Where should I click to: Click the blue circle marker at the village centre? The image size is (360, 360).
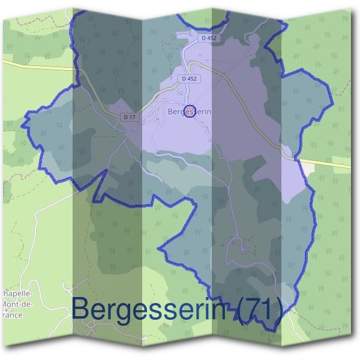pos(190,112)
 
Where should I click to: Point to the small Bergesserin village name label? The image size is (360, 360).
pos(190,112)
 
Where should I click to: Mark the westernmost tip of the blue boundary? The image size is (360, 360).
pos(23,127)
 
